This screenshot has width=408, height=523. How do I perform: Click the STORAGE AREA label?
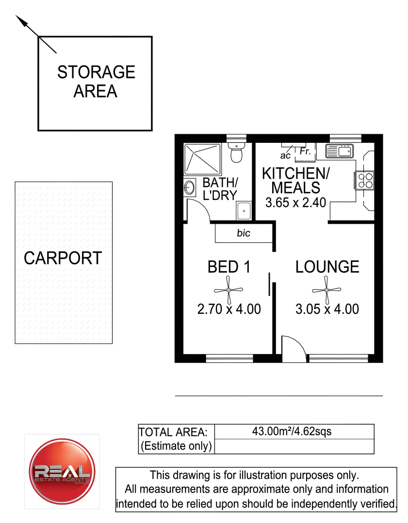(x=96, y=81)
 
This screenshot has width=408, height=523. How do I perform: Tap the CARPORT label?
(x=63, y=258)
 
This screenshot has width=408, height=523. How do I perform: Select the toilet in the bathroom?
(x=236, y=154)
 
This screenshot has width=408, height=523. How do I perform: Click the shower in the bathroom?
(x=202, y=159)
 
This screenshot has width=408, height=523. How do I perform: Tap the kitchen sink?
(x=340, y=152)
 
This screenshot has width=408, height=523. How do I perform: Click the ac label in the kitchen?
(x=285, y=156)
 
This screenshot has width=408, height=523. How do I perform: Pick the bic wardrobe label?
(x=244, y=233)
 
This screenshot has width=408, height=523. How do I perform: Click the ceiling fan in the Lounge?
(x=327, y=290)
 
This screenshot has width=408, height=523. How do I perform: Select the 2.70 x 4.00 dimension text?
(x=229, y=309)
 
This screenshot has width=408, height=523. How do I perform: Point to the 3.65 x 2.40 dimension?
(x=295, y=202)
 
